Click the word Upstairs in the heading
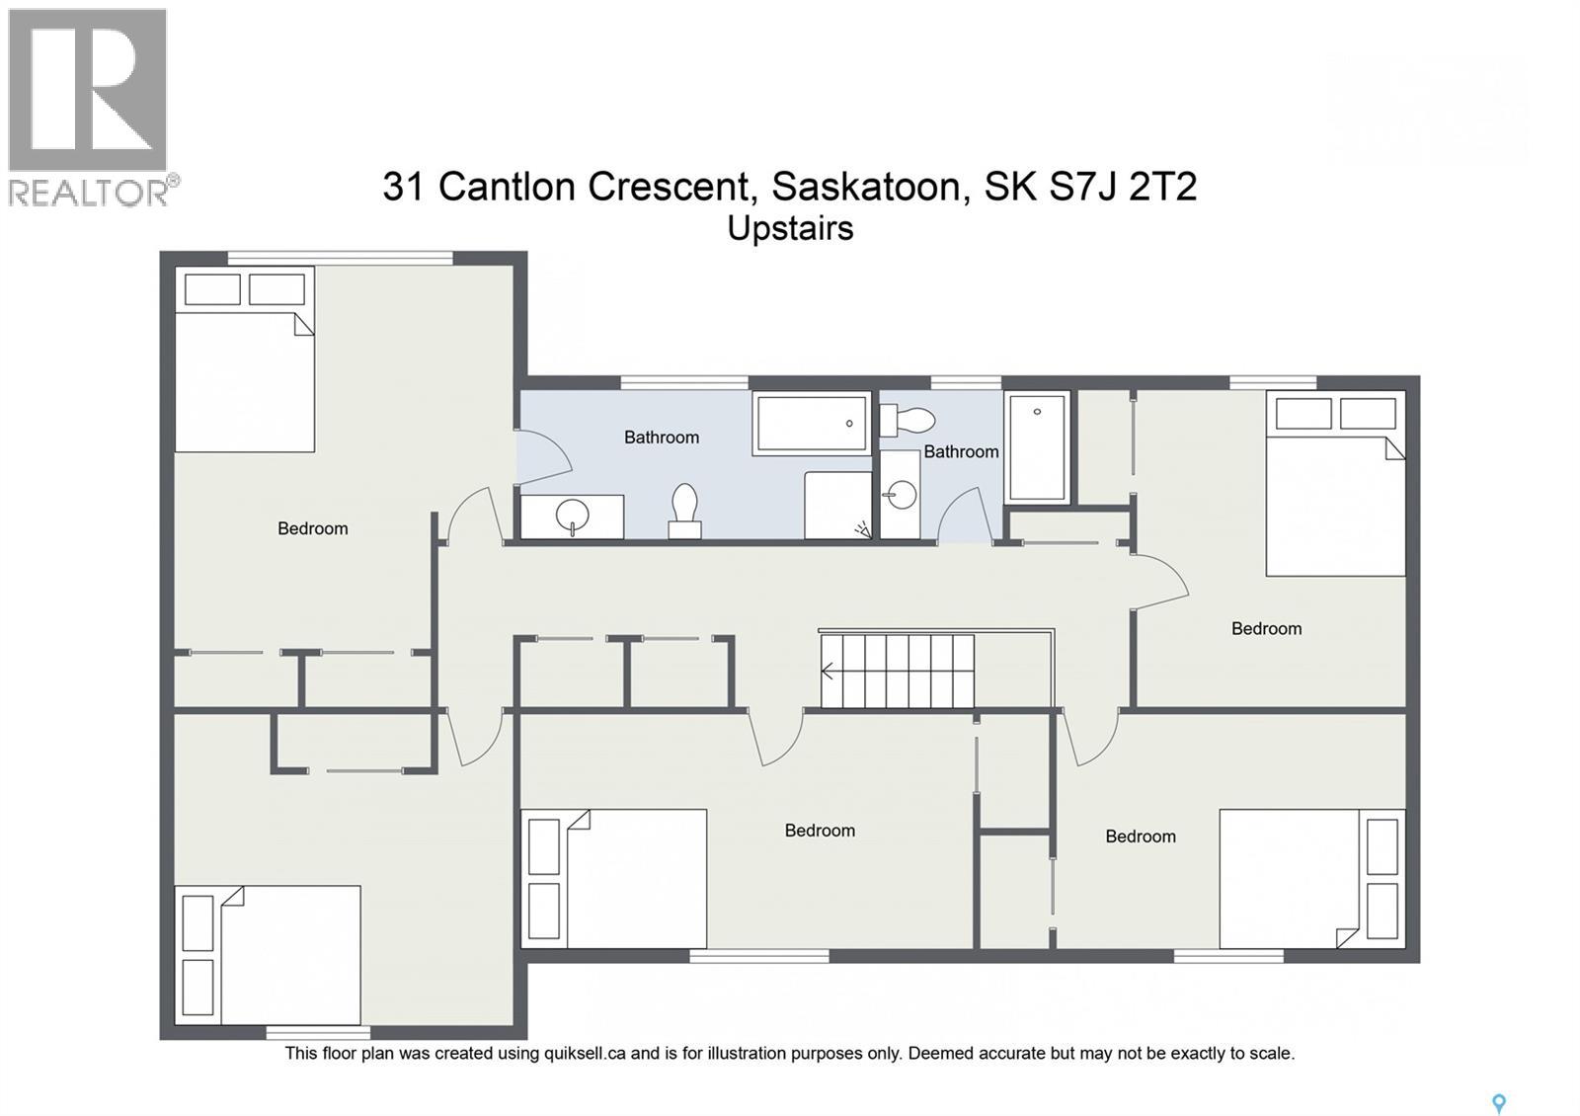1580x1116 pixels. coord(790,228)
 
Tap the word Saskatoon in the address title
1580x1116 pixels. coord(866,186)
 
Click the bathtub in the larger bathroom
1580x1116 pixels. coord(811,424)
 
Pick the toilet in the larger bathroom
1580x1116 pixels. coord(684,510)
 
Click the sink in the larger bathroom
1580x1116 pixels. coord(572,517)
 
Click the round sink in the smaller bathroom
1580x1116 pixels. coord(900,494)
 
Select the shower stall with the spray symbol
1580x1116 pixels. coord(837,505)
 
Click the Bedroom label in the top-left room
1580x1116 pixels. coord(312,528)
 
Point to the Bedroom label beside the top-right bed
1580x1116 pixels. coord(1266,628)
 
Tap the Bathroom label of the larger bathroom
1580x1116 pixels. coord(661,437)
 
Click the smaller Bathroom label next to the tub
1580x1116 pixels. coord(961,451)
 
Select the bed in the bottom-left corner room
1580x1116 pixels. coord(289,955)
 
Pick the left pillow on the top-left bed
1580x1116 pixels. coord(212,289)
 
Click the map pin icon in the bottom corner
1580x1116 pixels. coord(1498,1103)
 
